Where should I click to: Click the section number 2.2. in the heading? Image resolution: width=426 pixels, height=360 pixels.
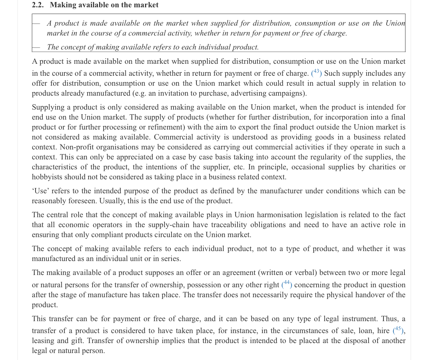click(38, 5)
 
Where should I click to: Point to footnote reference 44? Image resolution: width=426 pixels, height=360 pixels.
click(287, 284)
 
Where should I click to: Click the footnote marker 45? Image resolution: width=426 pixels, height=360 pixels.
click(398, 329)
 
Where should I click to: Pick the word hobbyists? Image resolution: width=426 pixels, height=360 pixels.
click(47, 177)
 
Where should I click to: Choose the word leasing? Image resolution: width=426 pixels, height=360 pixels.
click(43, 341)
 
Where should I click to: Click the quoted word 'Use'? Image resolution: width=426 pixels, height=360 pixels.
click(40, 191)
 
